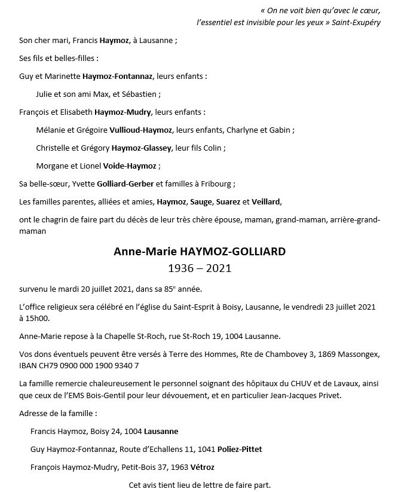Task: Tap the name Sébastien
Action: pos(140,94)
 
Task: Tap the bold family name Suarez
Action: pos(228,202)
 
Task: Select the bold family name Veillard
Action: pos(266,202)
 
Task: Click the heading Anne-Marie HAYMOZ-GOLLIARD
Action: pos(200,252)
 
